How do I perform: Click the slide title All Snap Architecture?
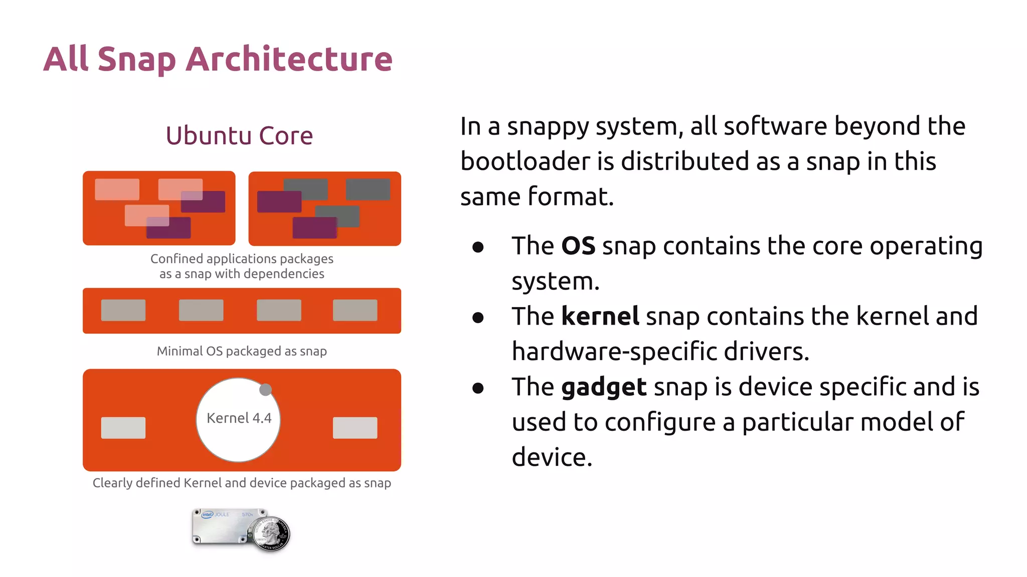[218, 59]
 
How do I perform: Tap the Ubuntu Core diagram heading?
[239, 136]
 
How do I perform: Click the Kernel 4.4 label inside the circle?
[239, 418]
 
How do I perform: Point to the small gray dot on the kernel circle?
[265, 390]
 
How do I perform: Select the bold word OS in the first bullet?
[578, 246]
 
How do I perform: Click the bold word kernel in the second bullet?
[600, 317]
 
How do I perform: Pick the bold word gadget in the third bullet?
[604, 387]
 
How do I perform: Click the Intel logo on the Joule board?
[207, 514]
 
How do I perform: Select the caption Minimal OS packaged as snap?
[242, 351]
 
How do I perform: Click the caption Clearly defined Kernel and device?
[242, 483]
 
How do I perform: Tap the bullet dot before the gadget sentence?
[478, 388]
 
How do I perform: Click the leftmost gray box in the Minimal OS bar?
[123, 310]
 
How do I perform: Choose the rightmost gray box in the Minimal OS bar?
[355, 310]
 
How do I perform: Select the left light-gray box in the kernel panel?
[123, 428]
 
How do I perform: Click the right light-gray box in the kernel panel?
[355, 428]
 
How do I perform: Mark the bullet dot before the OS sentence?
[478, 247]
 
